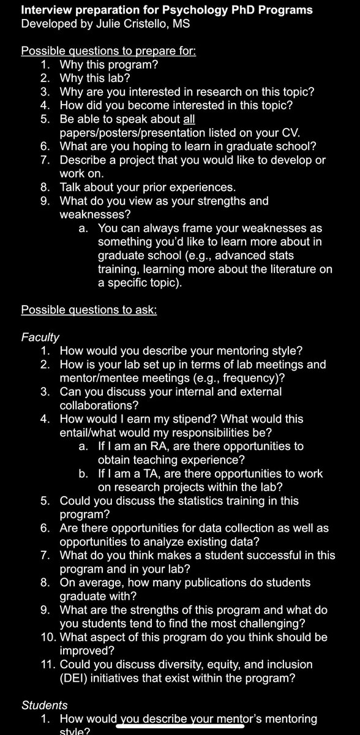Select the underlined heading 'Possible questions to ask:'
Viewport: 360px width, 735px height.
(89, 309)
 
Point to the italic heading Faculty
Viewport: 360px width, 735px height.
(40, 336)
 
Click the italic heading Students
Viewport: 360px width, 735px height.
(44, 706)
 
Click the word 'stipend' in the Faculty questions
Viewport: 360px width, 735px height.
(203, 419)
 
